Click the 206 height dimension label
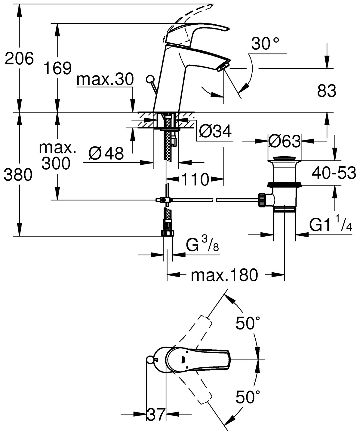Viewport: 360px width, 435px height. pyautogui.click(x=19, y=58)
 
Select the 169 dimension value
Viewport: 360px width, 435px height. pyautogui.click(x=57, y=69)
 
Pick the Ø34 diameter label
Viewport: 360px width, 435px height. pyautogui.click(x=216, y=131)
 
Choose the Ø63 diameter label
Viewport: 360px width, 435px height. pyautogui.click(x=284, y=141)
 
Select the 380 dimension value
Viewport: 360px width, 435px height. pyautogui.click(x=18, y=175)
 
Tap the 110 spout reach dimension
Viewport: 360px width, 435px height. pyautogui.click(x=195, y=180)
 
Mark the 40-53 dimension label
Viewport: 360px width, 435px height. pyautogui.click(x=334, y=173)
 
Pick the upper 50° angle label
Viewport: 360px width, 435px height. pyautogui.click(x=248, y=323)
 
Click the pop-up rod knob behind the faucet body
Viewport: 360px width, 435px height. pyautogui.click(x=149, y=79)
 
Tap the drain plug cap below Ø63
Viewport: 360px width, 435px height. pyautogui.click(x=284, y=158)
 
